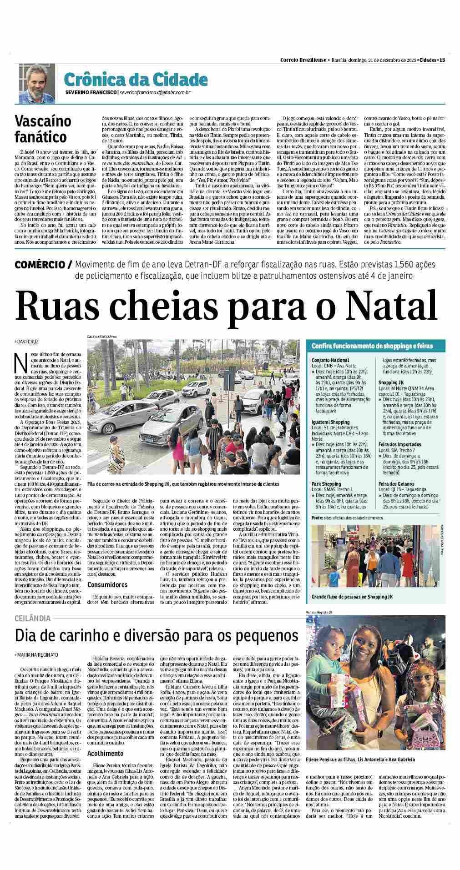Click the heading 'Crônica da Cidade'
(136, 80)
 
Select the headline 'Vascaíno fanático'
(43, 129)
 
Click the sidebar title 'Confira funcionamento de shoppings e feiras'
(372, 346)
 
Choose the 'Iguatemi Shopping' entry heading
(331, 422)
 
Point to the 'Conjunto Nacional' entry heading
(330, 360)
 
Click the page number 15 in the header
(442, 60)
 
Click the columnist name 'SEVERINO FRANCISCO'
(91, 93)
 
